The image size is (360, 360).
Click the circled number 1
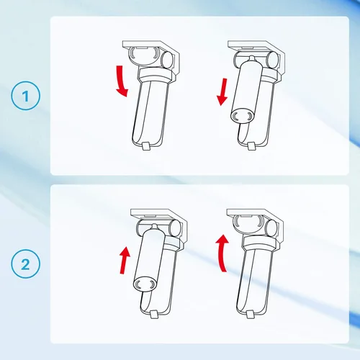click(25, 96)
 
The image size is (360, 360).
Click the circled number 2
click(25, 264)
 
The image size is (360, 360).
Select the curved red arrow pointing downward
click(122, 81)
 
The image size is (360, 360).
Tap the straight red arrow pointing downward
click(222, 92)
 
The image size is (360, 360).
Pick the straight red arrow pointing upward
click(125, 261)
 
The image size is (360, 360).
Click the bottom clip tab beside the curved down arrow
click(146, 146)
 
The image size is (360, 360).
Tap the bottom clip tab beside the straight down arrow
click(251, 146)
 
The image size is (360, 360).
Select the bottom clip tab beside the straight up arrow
click(153, 315)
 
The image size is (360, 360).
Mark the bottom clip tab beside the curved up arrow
click(250, 315)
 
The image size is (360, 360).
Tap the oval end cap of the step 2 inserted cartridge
click(145, 284)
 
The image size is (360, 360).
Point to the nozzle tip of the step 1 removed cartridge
click(251, 58)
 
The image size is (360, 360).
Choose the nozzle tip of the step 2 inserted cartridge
click(154, 226)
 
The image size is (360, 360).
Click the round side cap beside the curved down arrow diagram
click(166, 60)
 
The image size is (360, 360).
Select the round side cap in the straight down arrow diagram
click(272, 60)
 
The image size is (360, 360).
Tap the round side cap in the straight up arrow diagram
click(174, 228)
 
